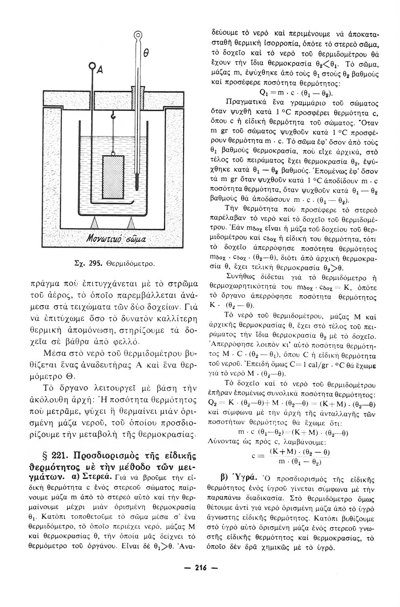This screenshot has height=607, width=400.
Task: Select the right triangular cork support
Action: click(x=132, y=223)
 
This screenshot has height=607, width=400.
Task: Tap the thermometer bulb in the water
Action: click(x=137, y=186)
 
